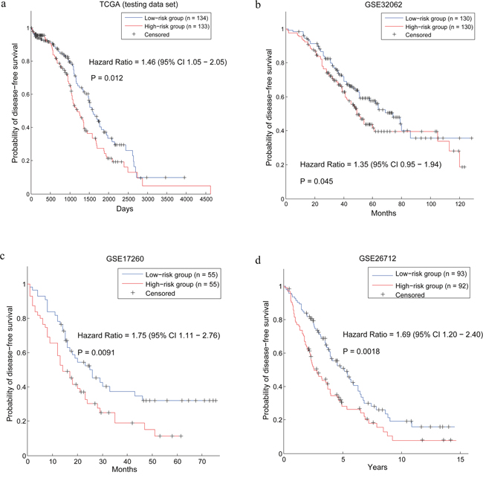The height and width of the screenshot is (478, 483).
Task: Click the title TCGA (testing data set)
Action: tap(139, 4)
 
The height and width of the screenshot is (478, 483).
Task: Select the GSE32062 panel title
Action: tap(384, 4)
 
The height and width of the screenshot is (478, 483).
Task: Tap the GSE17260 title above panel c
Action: tap(125, 259)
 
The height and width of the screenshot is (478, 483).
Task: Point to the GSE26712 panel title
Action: tap(377, 258)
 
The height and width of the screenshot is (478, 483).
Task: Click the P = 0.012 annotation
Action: tap(107, 78)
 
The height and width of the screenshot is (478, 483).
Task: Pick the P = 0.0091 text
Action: tap(96, 352)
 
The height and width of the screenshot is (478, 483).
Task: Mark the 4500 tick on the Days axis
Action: tap(206, 199)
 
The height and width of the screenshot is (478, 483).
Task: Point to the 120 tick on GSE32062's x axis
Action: tap(460, 204)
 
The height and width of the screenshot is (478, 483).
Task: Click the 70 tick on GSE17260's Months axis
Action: tap(202, 462)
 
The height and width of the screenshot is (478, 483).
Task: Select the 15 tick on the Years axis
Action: tap(460, 459)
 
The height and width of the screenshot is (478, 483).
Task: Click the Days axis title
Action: tap(125, 209)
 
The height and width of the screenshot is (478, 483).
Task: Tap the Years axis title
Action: tap(377, 467)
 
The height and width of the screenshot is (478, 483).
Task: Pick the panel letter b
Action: tap(258, 5)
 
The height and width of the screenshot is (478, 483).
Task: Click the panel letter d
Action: tap(258, 260)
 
